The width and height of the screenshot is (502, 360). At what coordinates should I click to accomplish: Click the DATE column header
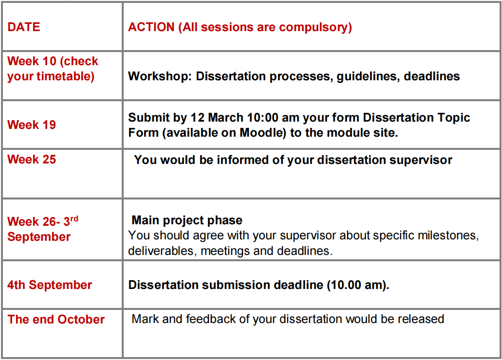(24, 27)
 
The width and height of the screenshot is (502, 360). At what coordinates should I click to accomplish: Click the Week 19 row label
(31, 125)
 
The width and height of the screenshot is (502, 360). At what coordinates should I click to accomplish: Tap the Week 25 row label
(31, 160)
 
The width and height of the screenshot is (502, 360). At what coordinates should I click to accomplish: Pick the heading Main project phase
(187, 220)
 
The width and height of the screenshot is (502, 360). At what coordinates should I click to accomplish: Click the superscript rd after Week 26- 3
(74, 219)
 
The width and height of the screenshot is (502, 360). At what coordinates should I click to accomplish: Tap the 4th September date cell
(50, 285)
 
